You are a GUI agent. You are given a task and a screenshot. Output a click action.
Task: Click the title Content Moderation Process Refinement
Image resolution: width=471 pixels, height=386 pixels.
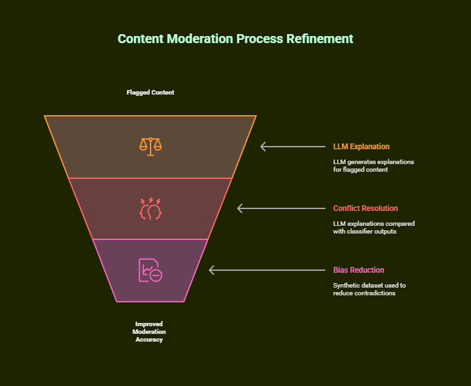coord(235,39)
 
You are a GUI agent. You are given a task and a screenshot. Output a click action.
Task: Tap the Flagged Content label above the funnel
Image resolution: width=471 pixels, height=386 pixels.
coord(150,93)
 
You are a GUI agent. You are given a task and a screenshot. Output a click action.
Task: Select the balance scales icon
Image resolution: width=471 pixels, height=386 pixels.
coord(151,146)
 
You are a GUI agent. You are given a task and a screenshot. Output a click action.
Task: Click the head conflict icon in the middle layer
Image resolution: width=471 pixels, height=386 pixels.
coord(151,208)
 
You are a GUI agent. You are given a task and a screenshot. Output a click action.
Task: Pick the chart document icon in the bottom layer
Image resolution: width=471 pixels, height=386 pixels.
coord(150,270)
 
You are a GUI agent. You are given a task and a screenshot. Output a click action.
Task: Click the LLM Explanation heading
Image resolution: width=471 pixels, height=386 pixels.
coord(361,147)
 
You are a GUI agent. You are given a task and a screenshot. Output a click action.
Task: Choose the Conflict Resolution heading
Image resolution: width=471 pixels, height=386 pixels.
coord(365,208)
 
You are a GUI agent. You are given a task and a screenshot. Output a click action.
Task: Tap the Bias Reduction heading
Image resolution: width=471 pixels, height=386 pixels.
coord(358,270)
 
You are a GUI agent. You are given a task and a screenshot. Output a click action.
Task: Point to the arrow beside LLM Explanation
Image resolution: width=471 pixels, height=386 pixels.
coord(293,147)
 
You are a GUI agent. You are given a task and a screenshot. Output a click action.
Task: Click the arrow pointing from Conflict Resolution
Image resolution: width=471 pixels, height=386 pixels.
coord(281,208)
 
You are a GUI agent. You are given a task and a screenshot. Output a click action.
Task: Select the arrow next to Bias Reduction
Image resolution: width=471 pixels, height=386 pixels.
coord(267,270)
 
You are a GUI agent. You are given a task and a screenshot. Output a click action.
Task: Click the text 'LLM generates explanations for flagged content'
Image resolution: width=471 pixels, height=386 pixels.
coord(373,166)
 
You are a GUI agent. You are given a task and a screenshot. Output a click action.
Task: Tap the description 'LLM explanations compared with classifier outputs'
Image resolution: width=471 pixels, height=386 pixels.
coord(373,228)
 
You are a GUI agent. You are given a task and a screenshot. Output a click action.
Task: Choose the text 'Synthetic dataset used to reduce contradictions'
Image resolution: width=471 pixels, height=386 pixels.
coord(369,289)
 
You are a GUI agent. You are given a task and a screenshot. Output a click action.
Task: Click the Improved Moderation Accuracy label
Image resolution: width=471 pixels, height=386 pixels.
coord(149,331)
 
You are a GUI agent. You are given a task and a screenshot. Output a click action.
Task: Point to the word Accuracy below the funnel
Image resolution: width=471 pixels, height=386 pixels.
coord(149,340)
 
